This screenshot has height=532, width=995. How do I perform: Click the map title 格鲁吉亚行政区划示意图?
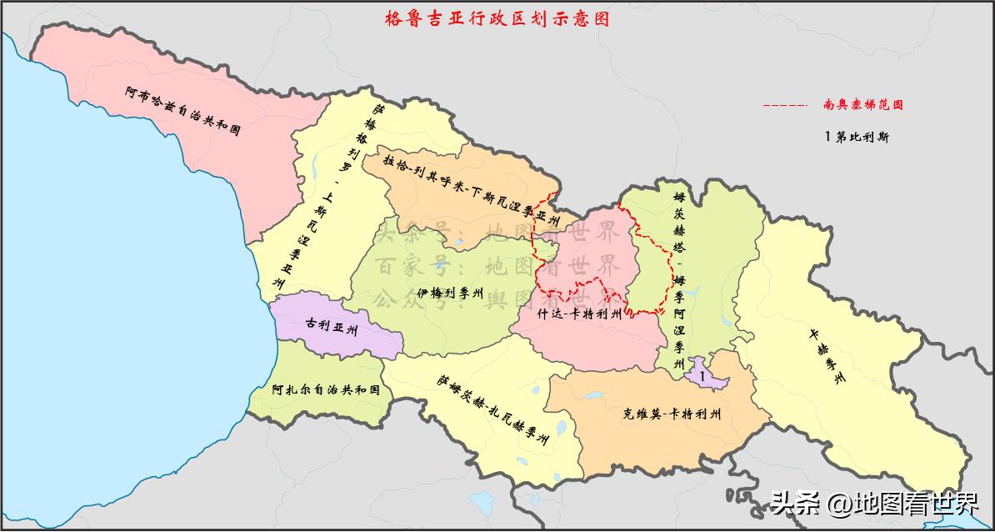point(497,18)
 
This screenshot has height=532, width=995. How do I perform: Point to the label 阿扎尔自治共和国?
point(326,389)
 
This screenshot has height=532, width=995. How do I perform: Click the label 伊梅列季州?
point(451,294)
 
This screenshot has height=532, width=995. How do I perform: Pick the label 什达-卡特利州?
point(580,314)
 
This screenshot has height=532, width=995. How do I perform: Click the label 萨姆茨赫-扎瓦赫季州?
point(492,409)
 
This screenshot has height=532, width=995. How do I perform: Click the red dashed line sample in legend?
point(784,106)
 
